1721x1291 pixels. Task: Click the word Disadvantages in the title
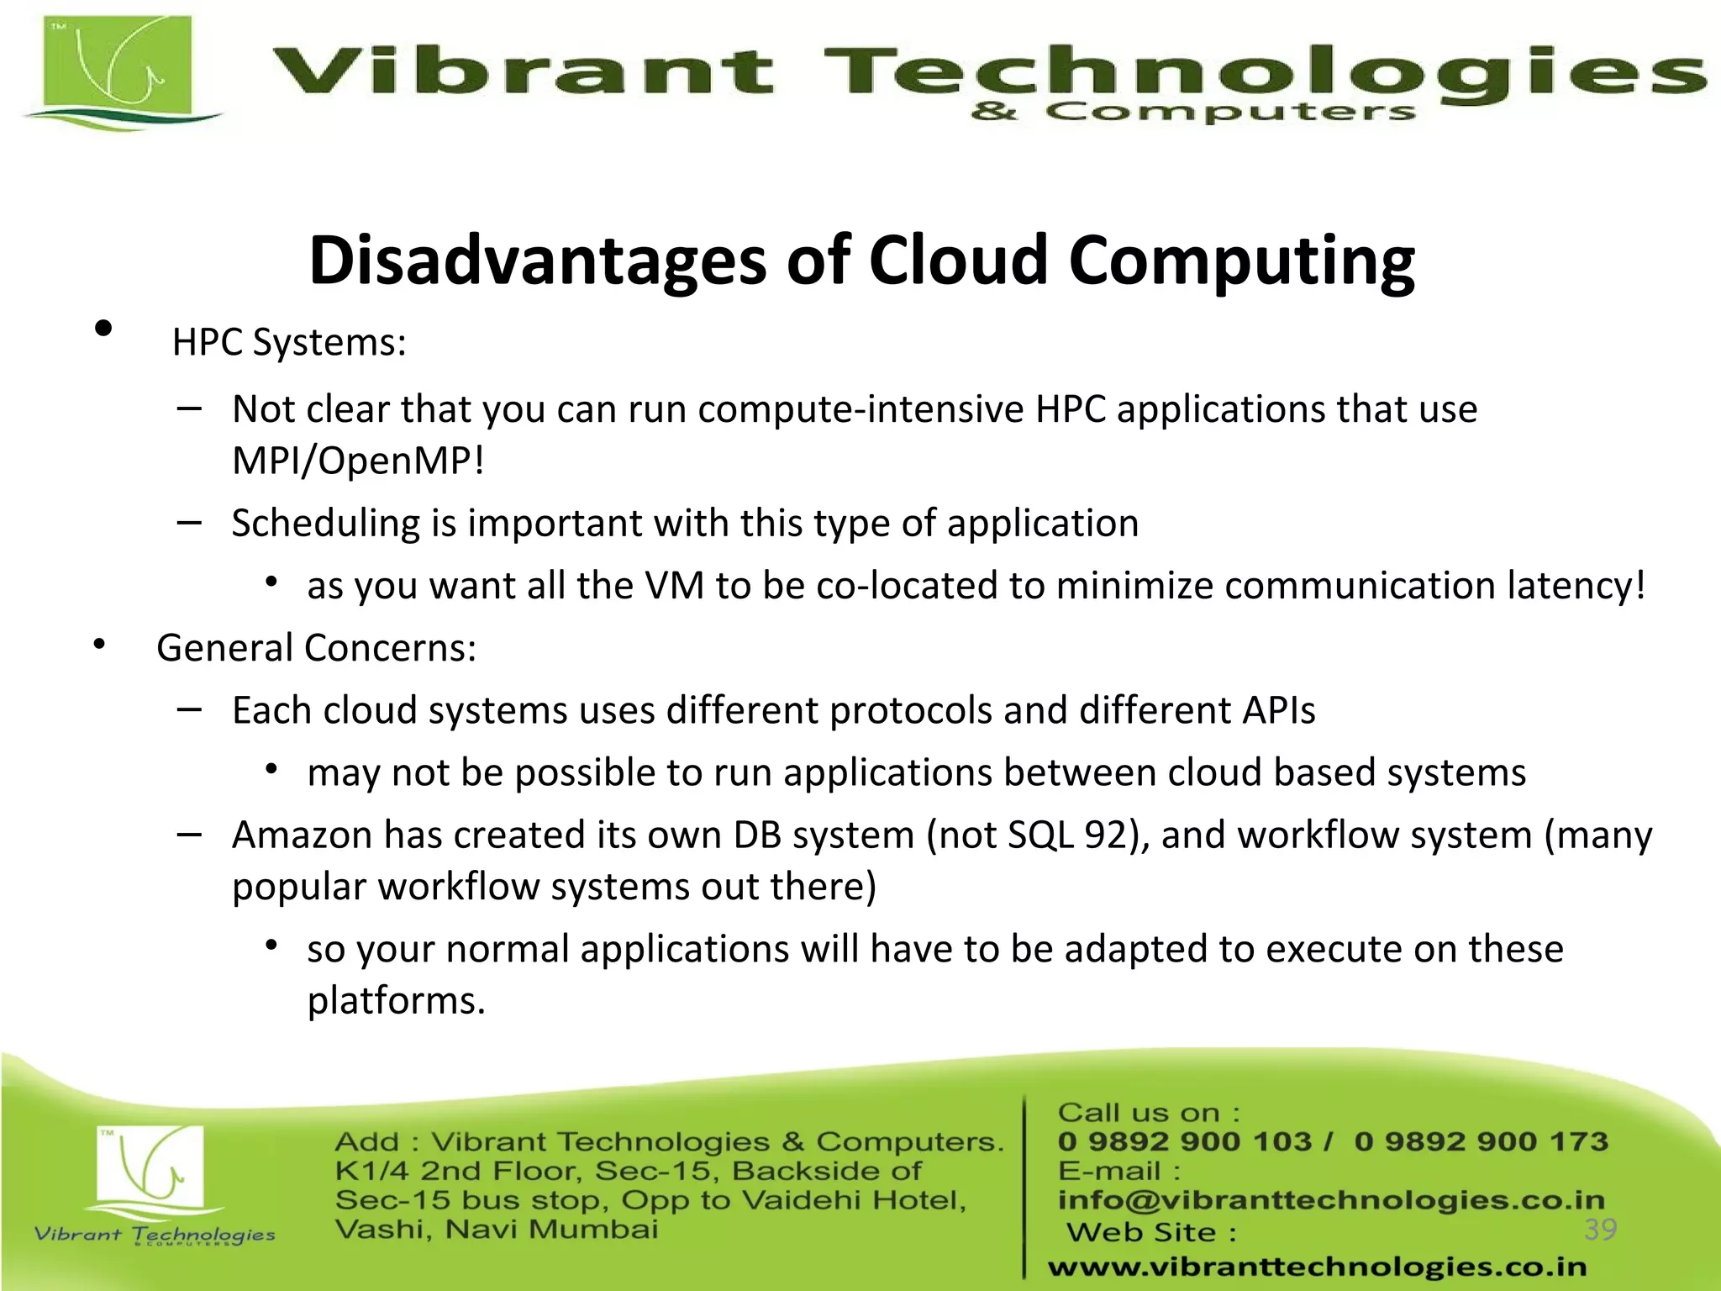click(538, 261)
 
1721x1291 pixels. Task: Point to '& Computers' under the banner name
click(1193, 112)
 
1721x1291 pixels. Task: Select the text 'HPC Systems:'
click(289, 343)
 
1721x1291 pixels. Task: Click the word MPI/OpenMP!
click(358, 461)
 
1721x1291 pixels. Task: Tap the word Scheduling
click(325, 524)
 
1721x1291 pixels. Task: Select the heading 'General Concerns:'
click(316, 648)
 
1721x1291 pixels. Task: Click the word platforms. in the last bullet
click(396, 1001)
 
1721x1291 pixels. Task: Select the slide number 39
click(1600, 1230)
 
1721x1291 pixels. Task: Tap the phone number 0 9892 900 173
click(1481, 1141)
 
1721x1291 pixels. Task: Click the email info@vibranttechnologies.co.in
click(1331, 1200)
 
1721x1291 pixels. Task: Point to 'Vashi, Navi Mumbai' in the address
click(496, 1230)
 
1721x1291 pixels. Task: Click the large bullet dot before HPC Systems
click(104, 329)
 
